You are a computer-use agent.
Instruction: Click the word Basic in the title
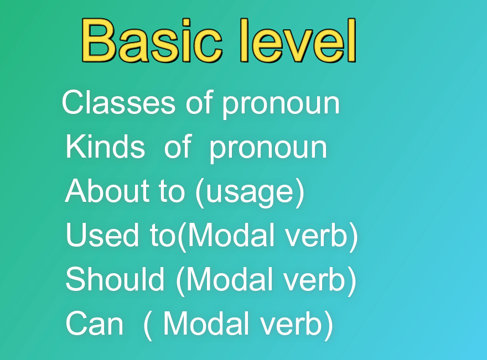(x=152, y=40)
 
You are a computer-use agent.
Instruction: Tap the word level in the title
(x=298, y=40)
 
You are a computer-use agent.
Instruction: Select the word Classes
(x=118, y=102)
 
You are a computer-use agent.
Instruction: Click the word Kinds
(x=105, y=147)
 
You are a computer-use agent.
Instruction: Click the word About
(x=108, y=191)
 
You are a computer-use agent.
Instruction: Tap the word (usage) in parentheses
(x=250, y=193)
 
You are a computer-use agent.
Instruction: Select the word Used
(x=102, y=235)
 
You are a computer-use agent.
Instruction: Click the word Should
(x=115, y=279)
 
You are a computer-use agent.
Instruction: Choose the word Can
(x=95, y=324)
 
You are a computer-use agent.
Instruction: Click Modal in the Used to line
(x=231, y=235)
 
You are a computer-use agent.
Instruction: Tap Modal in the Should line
(x=230, y=279)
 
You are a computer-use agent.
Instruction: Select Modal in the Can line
(x=207, y=324)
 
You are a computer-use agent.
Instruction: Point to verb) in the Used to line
(x=322, y=237)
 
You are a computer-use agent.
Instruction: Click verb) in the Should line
(x=320, y=281)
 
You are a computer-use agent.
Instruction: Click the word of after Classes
(x=199, y=102)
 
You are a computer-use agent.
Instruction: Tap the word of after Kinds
(x=177, y=146)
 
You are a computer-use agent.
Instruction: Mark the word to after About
(x=172, y=191)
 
